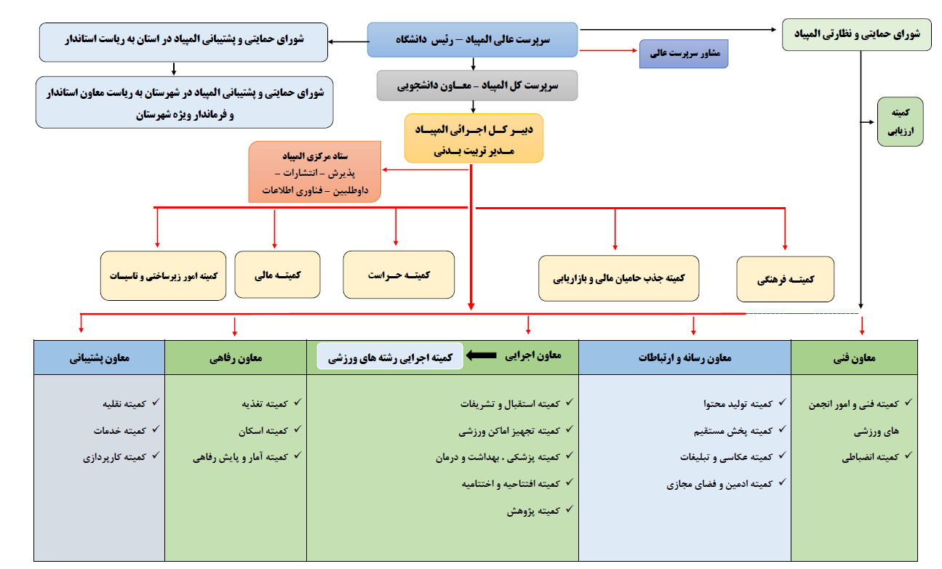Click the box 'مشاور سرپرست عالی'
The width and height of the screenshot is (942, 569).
pos(684,54)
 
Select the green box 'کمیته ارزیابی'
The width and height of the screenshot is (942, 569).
pos(901,122)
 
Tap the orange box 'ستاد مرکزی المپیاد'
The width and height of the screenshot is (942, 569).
pos(315,172)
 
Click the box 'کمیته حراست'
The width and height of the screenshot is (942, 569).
pos(399,275)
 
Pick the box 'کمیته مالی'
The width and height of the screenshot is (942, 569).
pos(278,275)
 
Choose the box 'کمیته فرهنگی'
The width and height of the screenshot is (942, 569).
pos(786,279)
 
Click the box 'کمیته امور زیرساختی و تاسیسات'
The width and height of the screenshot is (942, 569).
pos(163,275)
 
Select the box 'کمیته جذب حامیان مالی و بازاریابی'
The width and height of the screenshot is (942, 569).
pos(618,278)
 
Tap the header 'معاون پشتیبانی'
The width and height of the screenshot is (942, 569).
pos(99,358)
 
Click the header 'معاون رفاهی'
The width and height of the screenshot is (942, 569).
pos(236,358)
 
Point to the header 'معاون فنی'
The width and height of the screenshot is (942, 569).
pos(854,358)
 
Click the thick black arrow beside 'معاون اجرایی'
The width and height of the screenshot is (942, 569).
pos(482,355)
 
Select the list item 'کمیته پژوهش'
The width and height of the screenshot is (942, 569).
pos(533,511)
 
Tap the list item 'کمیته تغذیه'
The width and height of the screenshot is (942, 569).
pos(265,404)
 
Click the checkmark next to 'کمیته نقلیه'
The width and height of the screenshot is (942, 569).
pos(156,402)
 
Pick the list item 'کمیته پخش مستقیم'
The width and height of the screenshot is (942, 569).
pos(733,431)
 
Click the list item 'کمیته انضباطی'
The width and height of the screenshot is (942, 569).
pos(871,457)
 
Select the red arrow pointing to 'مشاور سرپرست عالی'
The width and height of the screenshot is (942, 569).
pos(609,50)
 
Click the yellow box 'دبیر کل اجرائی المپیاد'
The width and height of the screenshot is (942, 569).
pos(474,138)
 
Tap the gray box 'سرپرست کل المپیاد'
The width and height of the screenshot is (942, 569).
pos(477,85)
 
